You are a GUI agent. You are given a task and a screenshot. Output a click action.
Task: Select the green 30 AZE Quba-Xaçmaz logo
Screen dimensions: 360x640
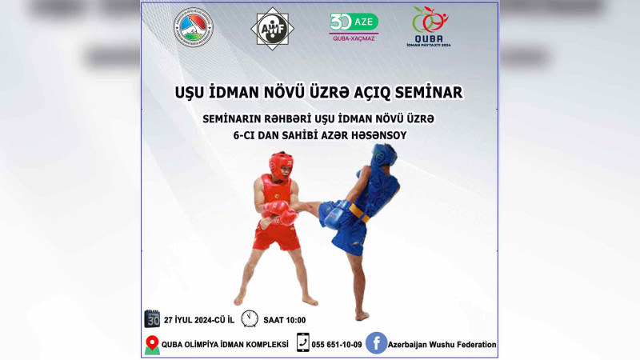(354, 26)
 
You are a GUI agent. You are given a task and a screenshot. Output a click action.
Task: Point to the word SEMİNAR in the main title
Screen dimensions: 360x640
(430, 92)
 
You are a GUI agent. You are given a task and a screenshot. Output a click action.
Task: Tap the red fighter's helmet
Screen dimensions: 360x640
(280, 166)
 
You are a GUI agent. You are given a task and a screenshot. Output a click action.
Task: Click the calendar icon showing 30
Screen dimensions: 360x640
(153, 318)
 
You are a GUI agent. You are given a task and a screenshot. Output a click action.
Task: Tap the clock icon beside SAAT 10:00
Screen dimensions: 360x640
(250, 318)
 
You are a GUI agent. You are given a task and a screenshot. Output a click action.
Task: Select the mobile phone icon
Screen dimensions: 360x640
(303, 343)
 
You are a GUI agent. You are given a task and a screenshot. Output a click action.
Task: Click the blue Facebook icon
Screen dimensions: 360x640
(377, 343)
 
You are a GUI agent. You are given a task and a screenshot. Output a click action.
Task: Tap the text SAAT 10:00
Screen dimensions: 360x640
(283, 320)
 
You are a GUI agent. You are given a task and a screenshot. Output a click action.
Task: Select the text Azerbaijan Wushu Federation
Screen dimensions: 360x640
(442, 345)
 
